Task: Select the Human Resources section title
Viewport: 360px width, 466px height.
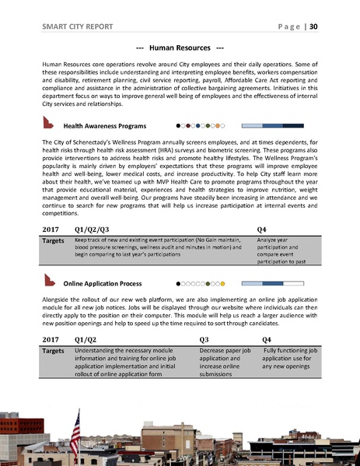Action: pos(180,47)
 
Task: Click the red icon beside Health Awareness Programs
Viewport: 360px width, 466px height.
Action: pos(49,123)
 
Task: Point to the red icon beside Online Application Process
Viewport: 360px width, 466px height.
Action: pos(49,282)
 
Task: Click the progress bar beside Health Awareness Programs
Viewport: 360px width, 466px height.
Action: pos(272,124)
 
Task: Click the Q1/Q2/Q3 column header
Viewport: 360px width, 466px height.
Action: pos(91,229)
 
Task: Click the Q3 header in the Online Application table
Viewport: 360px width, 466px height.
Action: pos(204,340)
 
